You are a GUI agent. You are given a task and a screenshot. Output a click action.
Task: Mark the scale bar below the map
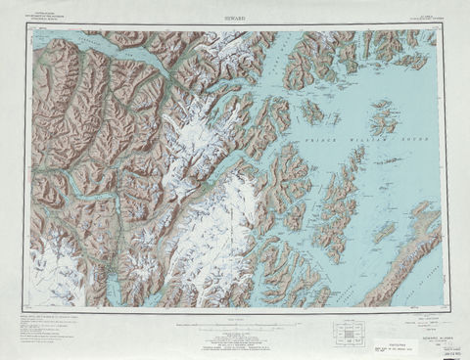(235, 319)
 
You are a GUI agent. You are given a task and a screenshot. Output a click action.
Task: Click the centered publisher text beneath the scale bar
(235, 337)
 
